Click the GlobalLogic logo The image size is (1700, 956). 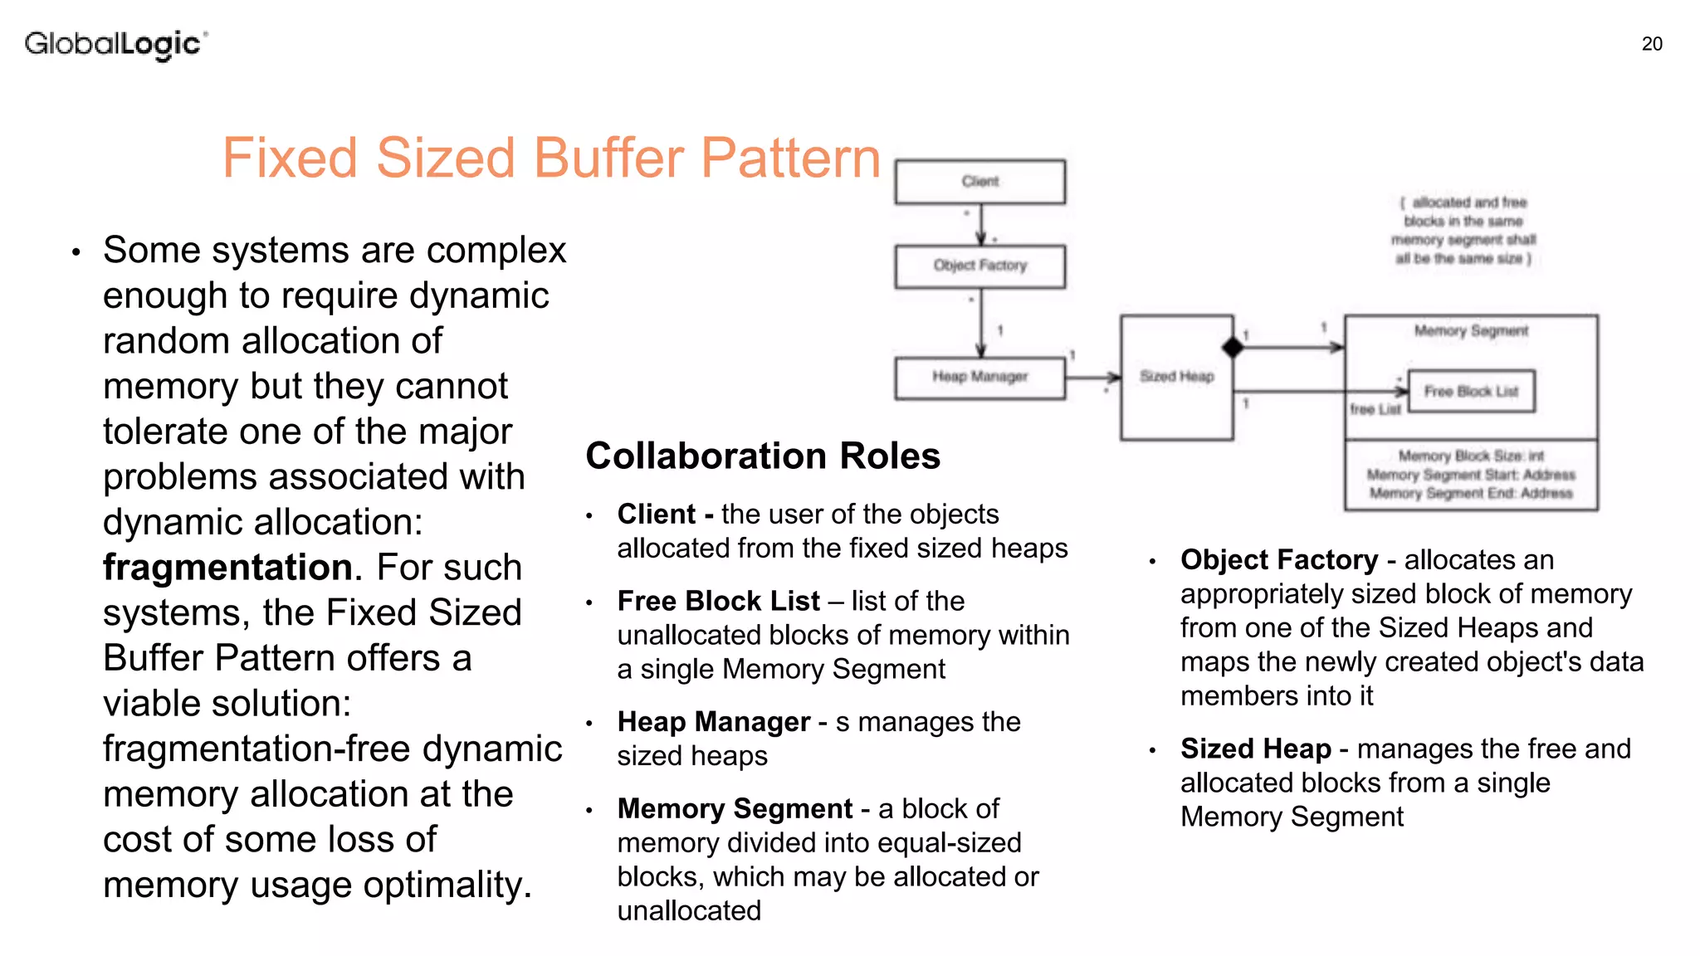point(115,43)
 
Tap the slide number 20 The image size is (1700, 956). point(1652,44)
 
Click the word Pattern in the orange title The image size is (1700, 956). point(790,158)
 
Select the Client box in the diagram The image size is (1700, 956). point(979,182)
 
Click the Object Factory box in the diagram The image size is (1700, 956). point(979,266)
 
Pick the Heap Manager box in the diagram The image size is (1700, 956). point(979,378)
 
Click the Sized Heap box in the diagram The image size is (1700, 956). point(1176,378)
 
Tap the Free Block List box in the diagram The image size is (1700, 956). point(1471,392)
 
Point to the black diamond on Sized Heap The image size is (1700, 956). point(1233,348)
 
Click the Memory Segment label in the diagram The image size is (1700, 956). point(1471,331)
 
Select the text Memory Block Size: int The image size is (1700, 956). point(1471,456)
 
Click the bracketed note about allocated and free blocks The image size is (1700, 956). point(1464,231)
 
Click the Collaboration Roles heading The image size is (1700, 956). point(763,456)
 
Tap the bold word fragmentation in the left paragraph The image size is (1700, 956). point(227,568)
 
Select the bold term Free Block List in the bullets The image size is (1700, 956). point(718,601)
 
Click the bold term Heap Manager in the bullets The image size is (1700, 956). point(713,722)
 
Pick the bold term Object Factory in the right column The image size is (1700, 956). point(1278,560)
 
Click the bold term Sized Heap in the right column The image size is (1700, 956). point(1255,749)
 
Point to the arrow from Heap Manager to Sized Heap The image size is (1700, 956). point(1093,378)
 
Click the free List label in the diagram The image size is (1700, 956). point(1375,409)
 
